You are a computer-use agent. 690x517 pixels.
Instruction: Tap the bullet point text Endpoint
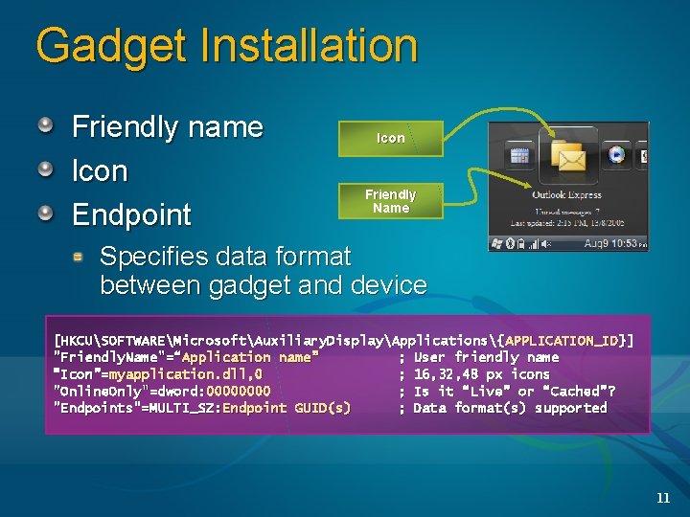132,214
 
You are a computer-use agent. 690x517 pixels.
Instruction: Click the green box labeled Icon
390,138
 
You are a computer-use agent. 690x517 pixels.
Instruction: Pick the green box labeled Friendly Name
390,201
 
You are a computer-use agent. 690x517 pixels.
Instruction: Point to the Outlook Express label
567,195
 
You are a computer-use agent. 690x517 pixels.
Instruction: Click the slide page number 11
662,497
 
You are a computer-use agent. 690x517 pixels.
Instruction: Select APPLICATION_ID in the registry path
563,340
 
